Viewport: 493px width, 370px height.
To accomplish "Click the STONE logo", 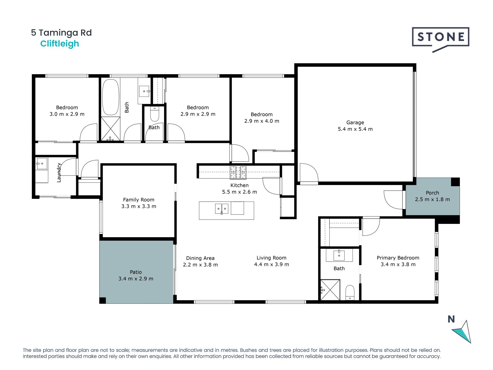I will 440,38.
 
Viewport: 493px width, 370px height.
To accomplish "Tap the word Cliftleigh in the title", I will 60,44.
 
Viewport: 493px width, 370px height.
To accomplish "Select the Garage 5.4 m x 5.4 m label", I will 355,126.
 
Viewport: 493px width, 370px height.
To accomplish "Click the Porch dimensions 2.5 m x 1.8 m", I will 432,199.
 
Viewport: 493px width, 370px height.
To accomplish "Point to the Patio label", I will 136,272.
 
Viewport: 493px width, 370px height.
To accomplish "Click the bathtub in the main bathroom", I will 111,97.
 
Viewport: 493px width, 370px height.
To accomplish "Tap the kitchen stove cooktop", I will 238,172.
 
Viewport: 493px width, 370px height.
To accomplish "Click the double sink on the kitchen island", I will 222,209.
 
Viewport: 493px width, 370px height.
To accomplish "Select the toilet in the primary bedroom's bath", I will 350,292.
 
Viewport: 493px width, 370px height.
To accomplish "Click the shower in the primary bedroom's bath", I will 330,290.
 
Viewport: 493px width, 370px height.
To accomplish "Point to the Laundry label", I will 59,172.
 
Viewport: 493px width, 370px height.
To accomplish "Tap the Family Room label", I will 139,200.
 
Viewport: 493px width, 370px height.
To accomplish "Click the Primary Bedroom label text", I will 398,258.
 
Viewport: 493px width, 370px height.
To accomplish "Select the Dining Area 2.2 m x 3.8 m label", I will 200,261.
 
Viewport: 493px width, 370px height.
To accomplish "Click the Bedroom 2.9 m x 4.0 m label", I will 261,118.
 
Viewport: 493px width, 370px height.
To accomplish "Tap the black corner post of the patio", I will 102,300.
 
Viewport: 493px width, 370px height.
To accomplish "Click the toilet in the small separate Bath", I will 155,114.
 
